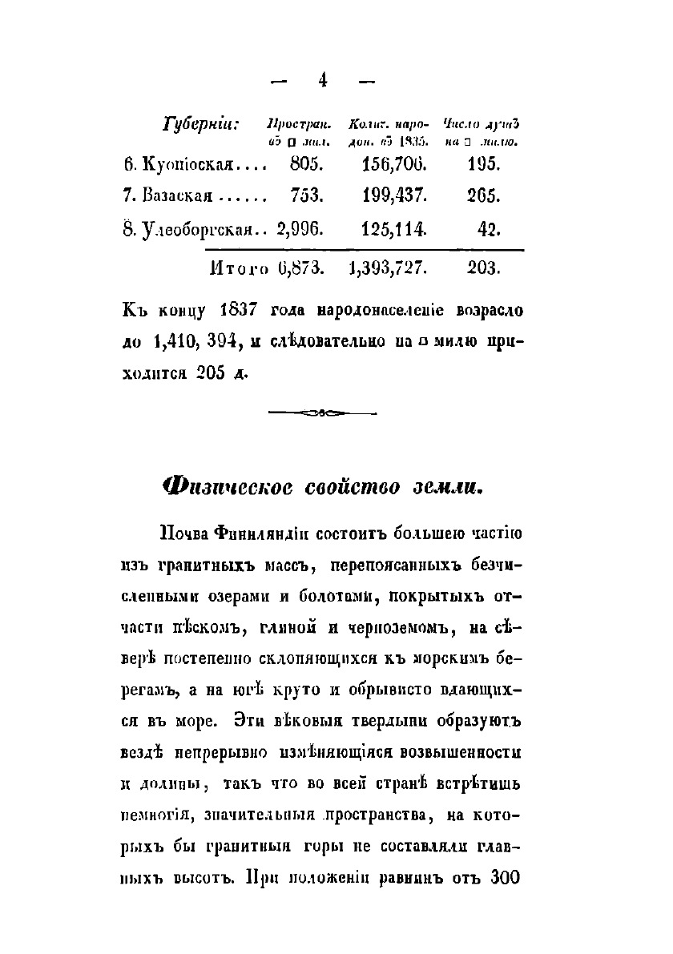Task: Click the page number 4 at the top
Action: (x=323, y=79)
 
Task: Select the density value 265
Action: (x=484, y=195)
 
